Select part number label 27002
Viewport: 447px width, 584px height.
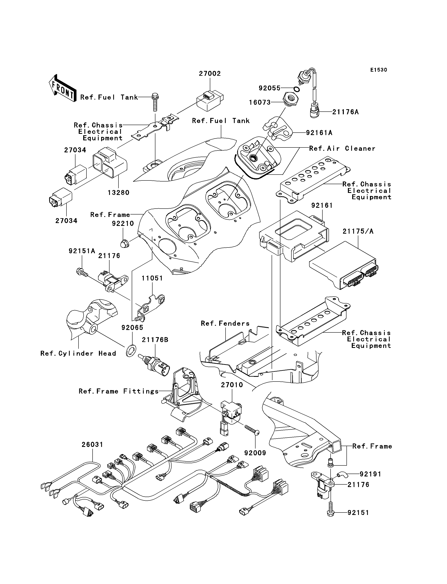pyautogui.click(x=210, y=74)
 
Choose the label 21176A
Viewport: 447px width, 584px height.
pyautogui.click(x=345, y=112)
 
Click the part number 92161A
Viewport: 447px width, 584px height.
pyautogui.click(x=319, y=133)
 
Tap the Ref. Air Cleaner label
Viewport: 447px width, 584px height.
pyautogui.click(x=342, y=148)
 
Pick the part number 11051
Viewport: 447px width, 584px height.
pyautogui.click(x=152, y=278)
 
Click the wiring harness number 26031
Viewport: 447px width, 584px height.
pyautogui.click(x=92, y=444)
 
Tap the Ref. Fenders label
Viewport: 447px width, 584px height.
pyautogui.click(x=225, y=323)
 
